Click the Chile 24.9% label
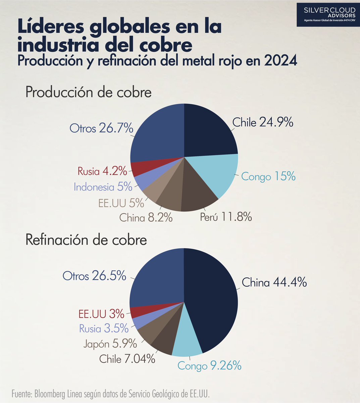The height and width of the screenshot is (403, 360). pos(263,123)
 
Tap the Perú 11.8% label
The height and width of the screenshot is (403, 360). pos(225,217)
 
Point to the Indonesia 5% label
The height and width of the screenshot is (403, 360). pos(103,187)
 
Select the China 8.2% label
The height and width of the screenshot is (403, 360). pos(146,218)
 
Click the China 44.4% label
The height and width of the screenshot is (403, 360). pos(274,282)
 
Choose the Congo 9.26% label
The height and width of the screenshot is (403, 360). pos(209,365)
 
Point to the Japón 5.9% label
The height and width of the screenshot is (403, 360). pos(110,344)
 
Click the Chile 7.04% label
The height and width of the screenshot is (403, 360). pos(127,359)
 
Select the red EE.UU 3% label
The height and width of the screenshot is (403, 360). pos(101,314)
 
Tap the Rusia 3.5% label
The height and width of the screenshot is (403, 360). pos(104,328)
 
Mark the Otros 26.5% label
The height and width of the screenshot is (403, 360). pos(94,276)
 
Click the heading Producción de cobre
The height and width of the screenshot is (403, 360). pos(89,93)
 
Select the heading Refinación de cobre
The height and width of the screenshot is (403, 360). pos(86,240)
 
